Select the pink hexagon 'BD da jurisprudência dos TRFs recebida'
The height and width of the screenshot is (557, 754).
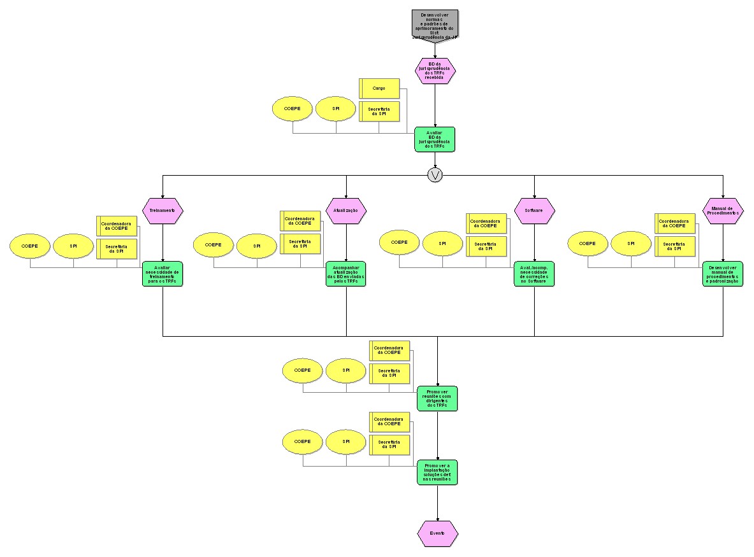click(x=435, y=71)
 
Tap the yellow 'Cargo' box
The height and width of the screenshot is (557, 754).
click(x=379, y=88)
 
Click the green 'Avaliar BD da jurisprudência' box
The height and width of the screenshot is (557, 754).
click(x=435, y=139)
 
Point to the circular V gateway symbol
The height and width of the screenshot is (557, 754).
click(x=435, y=175)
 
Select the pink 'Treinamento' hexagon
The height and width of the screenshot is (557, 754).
click(x=163, y=211)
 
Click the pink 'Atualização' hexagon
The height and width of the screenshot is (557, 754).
click(x=346, y=211)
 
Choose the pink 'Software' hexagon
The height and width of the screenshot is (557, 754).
click(x=534, y=211)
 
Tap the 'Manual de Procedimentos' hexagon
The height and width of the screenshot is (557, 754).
click(x=723, y=211)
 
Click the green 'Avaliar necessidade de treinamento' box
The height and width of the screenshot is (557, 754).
click(x=163, y=274)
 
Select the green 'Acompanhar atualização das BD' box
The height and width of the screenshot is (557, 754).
click(x=346, y=274)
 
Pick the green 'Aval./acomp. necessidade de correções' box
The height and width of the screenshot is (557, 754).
click(x=534, y=274)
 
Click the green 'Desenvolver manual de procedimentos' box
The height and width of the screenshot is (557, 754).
click(x=723, y=274)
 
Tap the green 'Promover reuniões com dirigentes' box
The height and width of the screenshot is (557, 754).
click(x=437, y=398)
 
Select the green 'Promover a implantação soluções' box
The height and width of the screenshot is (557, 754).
click(x=437, y=472)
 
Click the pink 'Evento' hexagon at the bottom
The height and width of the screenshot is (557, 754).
click(x=437, y=533)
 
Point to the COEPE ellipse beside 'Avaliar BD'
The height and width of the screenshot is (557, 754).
click(x=293, y=109)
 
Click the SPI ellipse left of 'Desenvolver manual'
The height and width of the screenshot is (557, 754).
click(x=631, y=244)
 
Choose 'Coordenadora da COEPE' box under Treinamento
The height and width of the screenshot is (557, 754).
click(x=117, y=225)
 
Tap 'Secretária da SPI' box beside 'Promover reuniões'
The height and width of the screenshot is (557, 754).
click(x=390, y=373)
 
